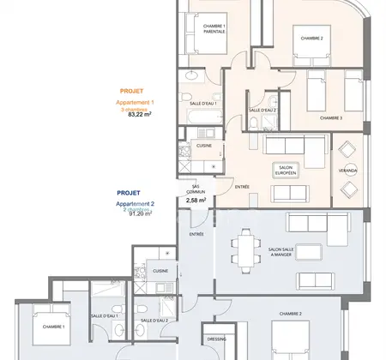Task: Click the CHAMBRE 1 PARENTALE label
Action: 214,29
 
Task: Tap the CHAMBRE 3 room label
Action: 331,117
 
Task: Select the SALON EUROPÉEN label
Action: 286,170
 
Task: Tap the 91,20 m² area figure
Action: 139,214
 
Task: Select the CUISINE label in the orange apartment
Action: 204,146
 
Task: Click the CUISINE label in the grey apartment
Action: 161,270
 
